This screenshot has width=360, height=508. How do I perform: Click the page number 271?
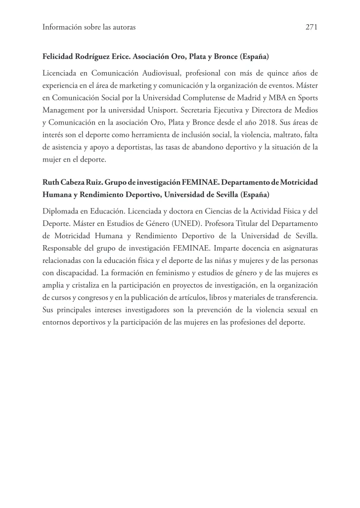[x=311, y=28]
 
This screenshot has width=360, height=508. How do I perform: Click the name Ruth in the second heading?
[x=51, y=182]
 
